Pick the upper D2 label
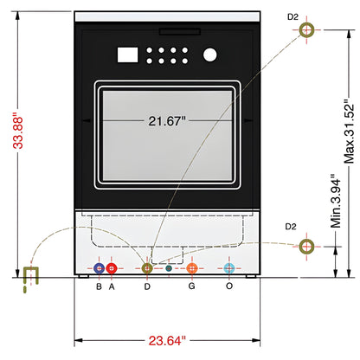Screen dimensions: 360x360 292,15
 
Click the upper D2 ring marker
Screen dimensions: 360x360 307,31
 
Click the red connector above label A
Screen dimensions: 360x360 112,268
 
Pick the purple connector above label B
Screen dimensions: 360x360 100,268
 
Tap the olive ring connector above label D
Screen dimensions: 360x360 147,268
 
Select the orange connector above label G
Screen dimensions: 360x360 192,268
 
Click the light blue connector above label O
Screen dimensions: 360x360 228,268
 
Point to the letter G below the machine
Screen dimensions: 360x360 191,286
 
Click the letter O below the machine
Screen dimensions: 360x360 228,286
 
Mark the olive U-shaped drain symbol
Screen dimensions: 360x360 32,277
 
